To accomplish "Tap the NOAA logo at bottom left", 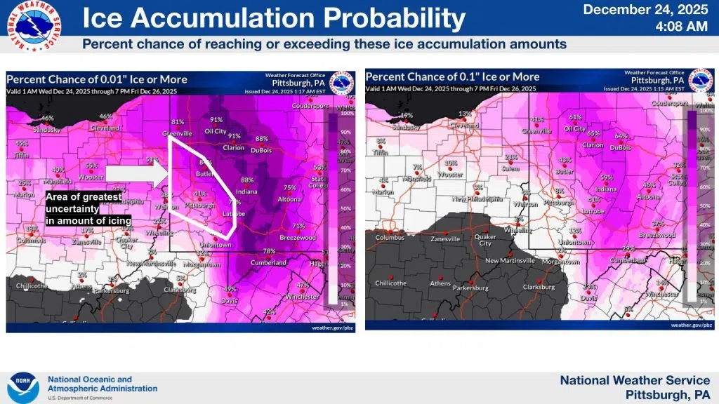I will pos(24,386).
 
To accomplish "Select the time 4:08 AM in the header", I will pos(680,27).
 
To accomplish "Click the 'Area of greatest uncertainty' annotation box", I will pos(84,209).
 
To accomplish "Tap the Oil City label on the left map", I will pos(215,131).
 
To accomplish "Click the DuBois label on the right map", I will pos(621,147).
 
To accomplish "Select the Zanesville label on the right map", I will pos(444,239).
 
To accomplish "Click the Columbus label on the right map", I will pos(390,237).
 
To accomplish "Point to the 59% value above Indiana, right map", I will pos(606,177).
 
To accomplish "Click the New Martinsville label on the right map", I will pos(511,260).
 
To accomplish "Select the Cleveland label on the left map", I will pos(105,128).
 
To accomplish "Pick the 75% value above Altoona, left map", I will pos(289,187).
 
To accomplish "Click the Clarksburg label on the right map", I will pos(539,287).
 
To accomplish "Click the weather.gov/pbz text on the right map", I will pos(687,325).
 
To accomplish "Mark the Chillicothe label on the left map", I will pos(32,285).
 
